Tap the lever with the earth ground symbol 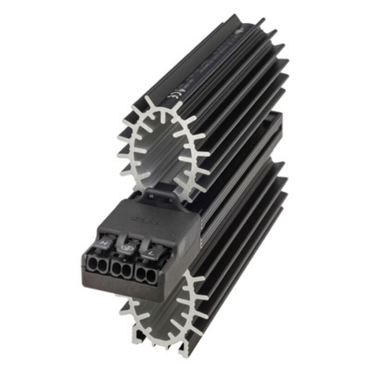click(x=126, y=248)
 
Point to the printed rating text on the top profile click(x=218, y=65)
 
